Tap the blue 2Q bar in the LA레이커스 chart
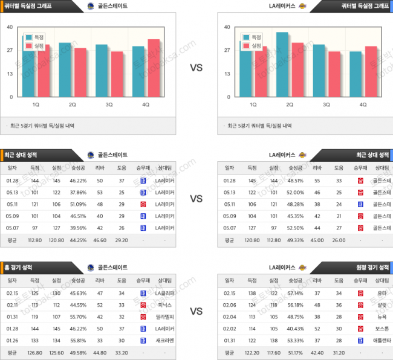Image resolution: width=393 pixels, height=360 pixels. click(282, 64)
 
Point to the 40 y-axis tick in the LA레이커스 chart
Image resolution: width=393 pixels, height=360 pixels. click(227, 27)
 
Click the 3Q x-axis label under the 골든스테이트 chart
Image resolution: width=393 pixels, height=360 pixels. click(109, 104)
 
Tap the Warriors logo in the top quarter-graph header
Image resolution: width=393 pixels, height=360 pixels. click(91, 6)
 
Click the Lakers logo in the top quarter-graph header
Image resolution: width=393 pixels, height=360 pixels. click(303, 6)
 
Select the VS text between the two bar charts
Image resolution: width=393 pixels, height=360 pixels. click(197, 68)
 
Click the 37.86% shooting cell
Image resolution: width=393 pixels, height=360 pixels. click(78, 193)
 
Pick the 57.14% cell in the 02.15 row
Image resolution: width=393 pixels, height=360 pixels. click(296, 293)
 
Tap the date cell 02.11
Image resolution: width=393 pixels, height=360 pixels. click(12, 305)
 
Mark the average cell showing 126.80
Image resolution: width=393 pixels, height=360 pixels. click(34, 352)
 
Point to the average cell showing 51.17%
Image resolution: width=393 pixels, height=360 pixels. click(296, 352)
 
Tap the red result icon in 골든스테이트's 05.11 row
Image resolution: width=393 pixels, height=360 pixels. click(143, 204)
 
